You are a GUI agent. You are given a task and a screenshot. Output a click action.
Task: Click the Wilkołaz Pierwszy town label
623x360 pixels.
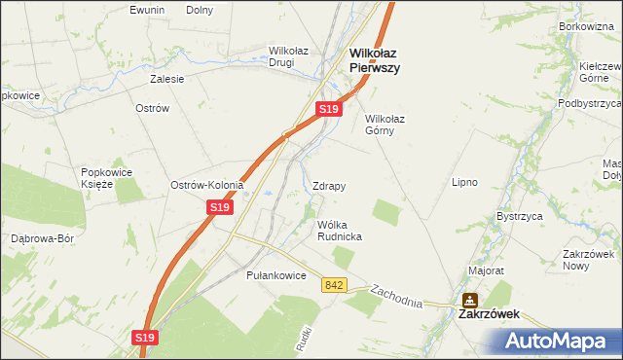(376, 61)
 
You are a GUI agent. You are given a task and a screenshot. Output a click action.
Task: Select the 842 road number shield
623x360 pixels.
(335, 284)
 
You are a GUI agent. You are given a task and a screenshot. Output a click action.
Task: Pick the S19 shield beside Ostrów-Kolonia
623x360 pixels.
(219, 207)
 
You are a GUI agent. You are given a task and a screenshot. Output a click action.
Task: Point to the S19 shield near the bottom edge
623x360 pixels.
(144, 337)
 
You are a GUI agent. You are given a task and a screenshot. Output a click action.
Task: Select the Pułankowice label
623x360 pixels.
(276, 275)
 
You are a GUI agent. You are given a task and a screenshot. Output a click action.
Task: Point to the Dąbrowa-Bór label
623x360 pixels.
(42, 237)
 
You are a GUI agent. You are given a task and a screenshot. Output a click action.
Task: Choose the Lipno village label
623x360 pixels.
(463, 182)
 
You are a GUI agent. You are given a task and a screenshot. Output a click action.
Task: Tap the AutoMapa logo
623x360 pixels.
(557, 342)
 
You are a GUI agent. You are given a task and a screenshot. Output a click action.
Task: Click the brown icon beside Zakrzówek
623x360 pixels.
(470, 301)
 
